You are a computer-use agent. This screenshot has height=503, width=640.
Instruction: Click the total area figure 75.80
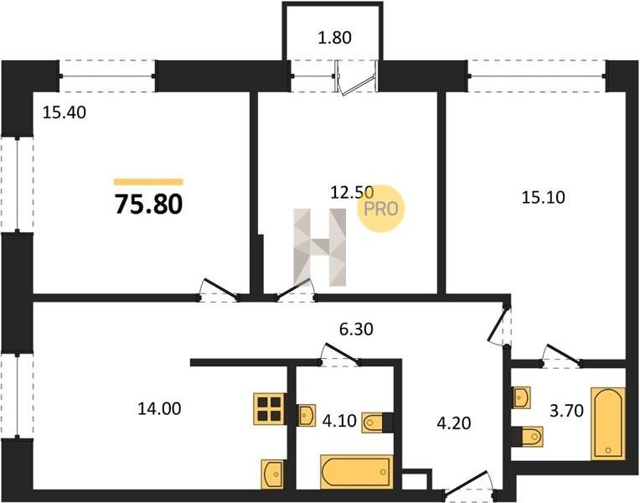click(x=148, y=205)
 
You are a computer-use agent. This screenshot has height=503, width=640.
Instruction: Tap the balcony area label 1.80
click(x=334, y=38)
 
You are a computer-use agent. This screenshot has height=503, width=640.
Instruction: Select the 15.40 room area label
click(x=65, y=112)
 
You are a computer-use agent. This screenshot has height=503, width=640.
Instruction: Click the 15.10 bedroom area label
click(x=544, y=197)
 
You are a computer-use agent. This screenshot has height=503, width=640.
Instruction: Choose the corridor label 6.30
click(x=356, y=329)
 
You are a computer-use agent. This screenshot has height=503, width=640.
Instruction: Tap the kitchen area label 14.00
click(x=159, y=408)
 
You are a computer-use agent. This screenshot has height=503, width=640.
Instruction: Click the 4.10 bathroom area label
click(x=339, y=421)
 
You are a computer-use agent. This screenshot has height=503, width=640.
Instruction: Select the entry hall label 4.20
click(x=454, y=423)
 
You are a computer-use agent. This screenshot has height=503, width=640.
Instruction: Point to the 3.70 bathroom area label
click(x=566, y=411)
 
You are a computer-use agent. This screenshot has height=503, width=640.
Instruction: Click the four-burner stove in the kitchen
click(x=270, y=408)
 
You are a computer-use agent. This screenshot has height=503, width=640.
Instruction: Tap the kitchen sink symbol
click(x=272, y=474)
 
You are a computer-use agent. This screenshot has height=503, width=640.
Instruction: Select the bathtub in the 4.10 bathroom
click(x=357, y=472)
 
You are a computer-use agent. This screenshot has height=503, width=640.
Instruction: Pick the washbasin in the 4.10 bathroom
click(x=306, y=416)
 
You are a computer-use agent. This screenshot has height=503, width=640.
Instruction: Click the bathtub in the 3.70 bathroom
click(x=608, y=423)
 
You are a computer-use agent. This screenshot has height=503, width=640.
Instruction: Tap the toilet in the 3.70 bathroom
click(x=528, y=437)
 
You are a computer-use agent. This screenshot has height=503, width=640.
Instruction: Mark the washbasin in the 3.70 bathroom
click(x=522, y=397)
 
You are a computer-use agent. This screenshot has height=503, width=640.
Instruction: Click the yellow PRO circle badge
click(x=381, y=209)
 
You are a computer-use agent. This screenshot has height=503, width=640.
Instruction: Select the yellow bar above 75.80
click(x=148, y=182)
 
